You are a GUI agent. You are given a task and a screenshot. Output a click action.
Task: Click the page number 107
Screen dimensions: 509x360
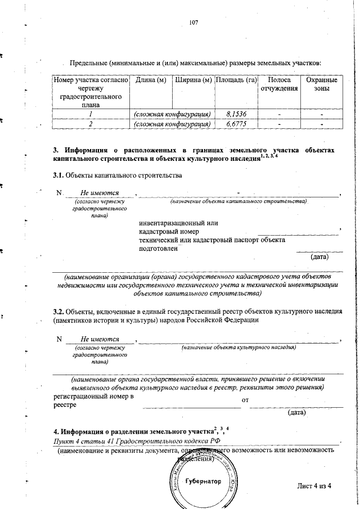pos(195,22)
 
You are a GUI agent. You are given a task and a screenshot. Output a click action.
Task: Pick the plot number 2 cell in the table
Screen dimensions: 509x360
pos(90,124)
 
